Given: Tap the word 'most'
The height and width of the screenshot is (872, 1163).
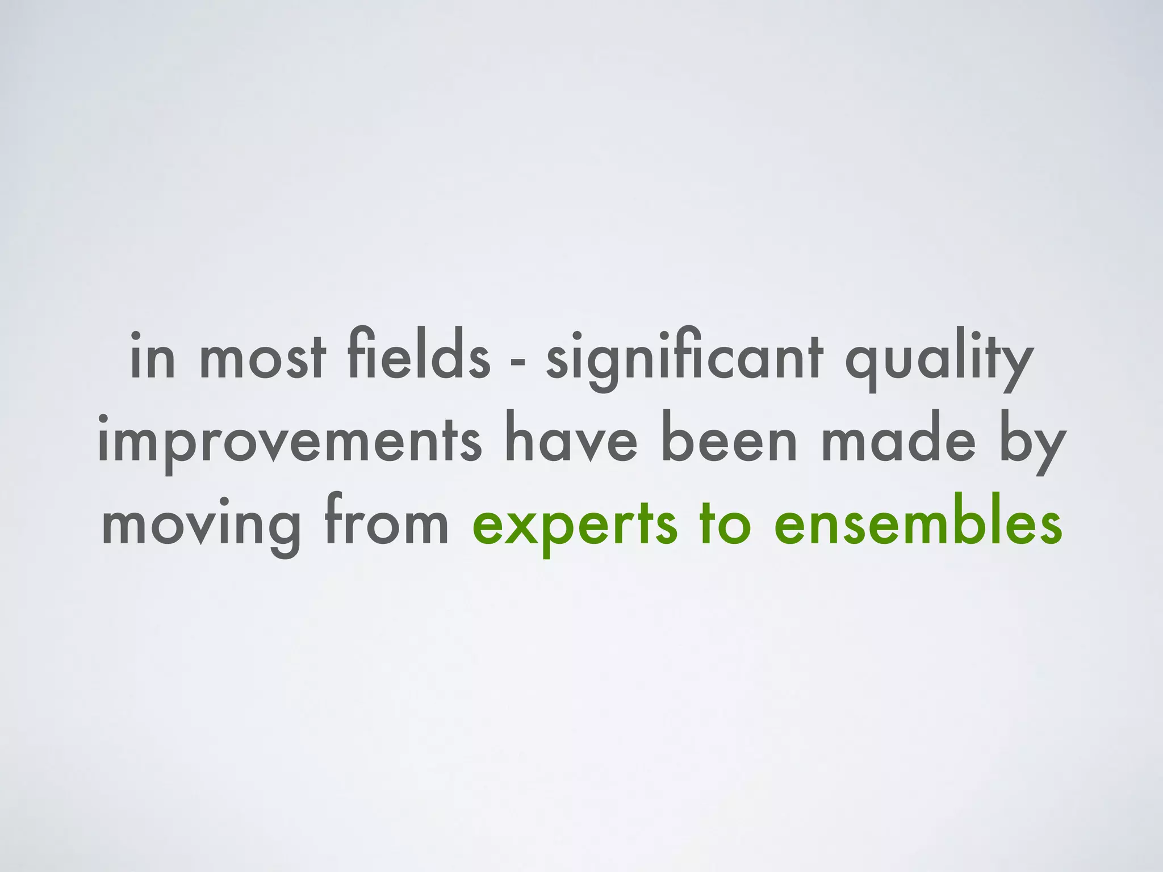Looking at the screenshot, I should pos(263,357).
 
